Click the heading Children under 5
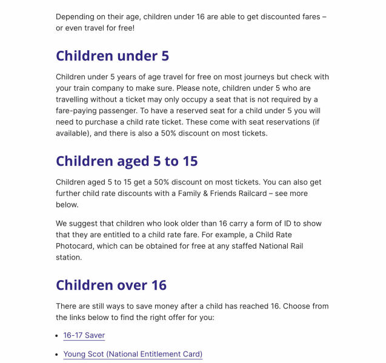[112, 56]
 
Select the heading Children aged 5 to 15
[127, 162]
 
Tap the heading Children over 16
[111, 285]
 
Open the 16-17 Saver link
[84, 335]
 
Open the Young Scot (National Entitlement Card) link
[133, 354]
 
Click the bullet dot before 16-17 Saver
[58, 335]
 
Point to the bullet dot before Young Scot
[58, 354]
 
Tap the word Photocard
[76, 246]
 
